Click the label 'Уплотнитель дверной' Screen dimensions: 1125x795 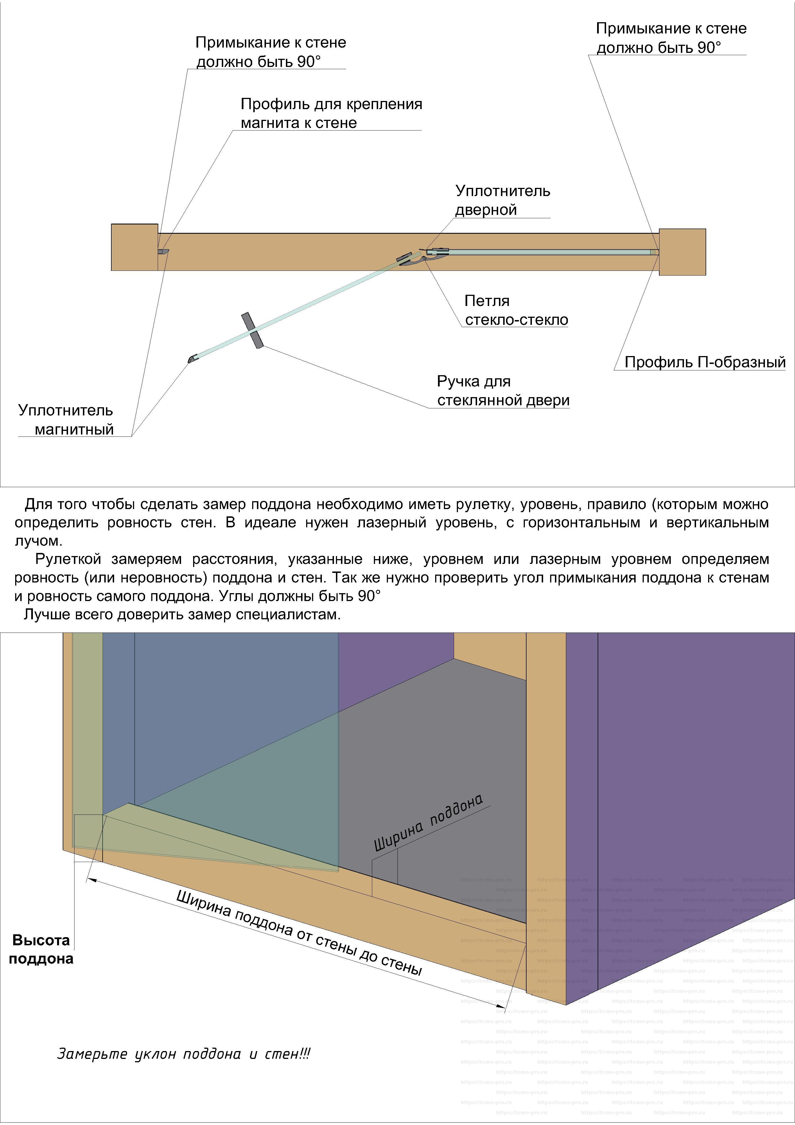(x=503, y=200)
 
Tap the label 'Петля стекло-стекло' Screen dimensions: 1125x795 (x=516, y=310)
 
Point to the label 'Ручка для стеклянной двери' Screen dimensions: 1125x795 (x=503, y=391)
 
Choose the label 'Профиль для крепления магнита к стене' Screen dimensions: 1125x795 (x=331, y=113)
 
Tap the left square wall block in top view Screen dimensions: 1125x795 (x=134, y=247)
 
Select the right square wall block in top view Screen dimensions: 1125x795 (x=682, y=252)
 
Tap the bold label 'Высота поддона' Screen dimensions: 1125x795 (x=41, y=949)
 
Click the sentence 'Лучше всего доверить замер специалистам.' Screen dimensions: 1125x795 (x=182, y=615)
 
